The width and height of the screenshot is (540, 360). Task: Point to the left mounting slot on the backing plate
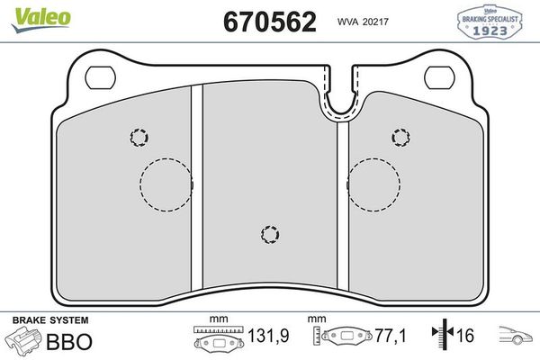98,74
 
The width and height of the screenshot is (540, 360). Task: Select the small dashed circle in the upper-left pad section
138,137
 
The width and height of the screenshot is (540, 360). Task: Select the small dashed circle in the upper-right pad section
400,137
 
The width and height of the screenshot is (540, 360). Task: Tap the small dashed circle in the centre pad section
268,234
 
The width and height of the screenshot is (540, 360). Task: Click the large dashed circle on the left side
166,184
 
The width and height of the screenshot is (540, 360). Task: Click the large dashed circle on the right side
373,184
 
